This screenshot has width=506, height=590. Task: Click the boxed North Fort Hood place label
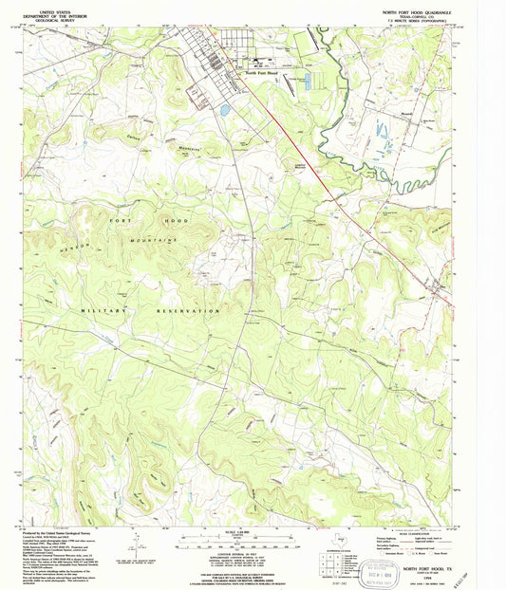(x=262, y=72)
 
